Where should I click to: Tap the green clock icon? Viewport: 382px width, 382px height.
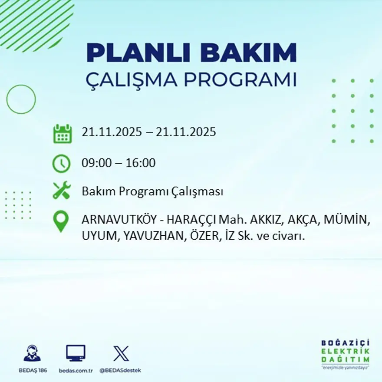(61, 164)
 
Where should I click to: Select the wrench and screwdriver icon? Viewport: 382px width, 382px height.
(61, 191)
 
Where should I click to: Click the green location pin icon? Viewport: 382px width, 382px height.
(61, 221)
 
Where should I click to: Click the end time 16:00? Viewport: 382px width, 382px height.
(140, 163)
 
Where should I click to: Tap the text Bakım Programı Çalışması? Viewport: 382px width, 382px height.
(152, 191)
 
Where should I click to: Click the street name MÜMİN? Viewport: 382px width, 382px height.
(345, 220)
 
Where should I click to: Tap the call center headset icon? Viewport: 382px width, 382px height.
(32, 353)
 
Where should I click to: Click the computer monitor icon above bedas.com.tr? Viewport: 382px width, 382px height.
(76, 353)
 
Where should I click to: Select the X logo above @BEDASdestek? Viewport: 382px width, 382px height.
(121, 353)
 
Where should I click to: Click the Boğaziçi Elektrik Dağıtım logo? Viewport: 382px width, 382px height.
(345, 354)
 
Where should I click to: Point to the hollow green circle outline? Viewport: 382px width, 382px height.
(21, 99)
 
